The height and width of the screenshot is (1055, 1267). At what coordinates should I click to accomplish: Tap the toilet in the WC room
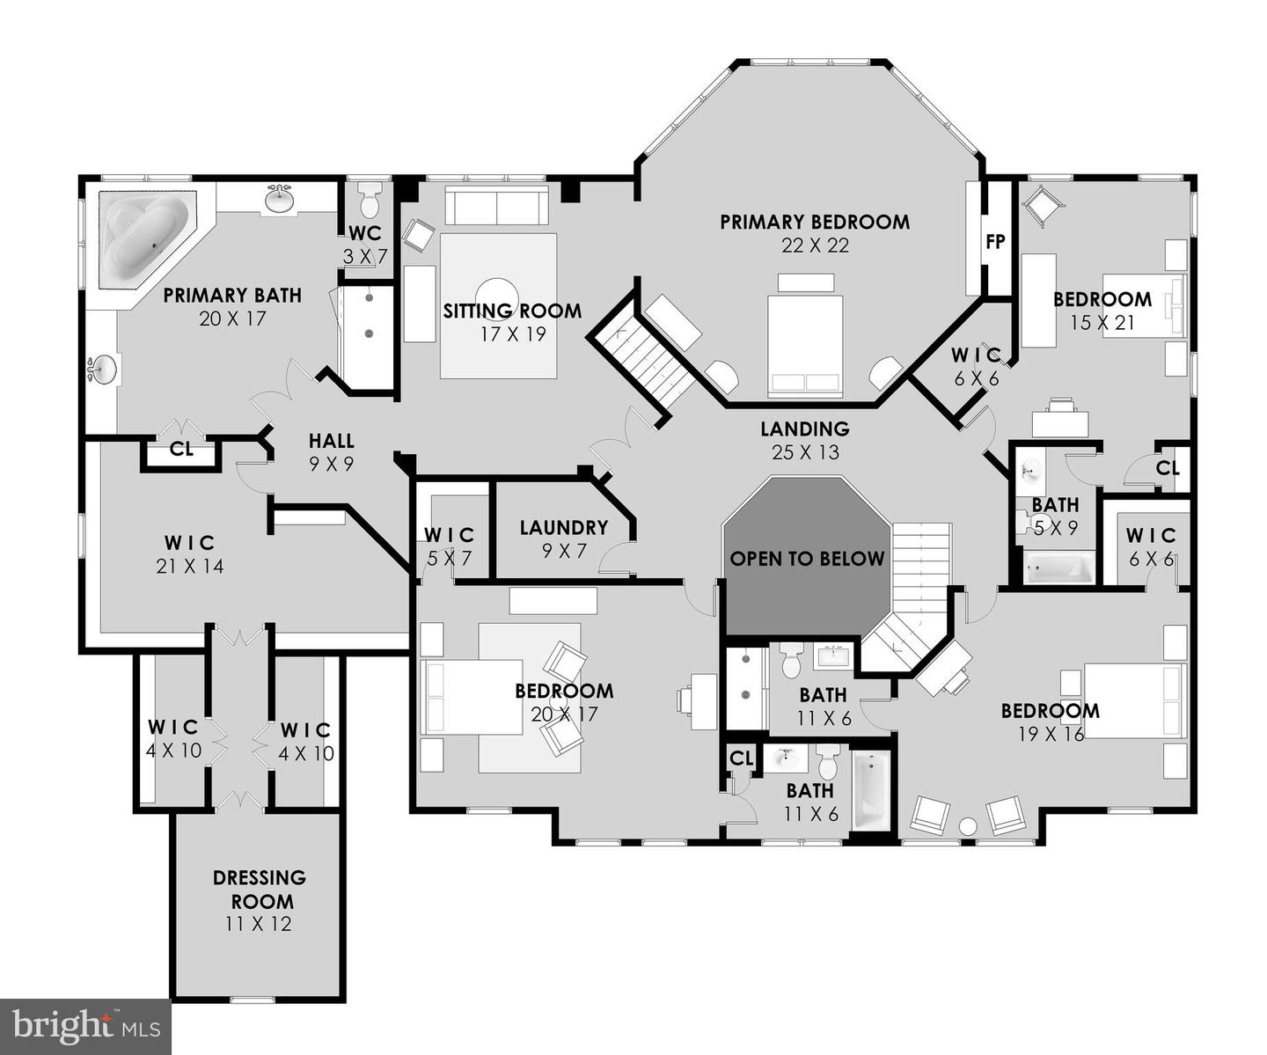(x=370, y=201)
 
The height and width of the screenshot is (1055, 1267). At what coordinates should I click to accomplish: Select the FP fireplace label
(x=995, y=242)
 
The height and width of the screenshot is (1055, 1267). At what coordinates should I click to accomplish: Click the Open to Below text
(x=807, y=559)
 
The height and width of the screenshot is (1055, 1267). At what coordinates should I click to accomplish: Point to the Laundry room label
(x=564, y=528)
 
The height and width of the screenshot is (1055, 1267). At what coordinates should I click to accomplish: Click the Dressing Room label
(x=260, y=890)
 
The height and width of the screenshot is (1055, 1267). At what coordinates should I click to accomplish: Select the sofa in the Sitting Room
(x=496, y=205)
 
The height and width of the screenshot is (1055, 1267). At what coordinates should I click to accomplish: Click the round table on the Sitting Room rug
(x=497, y=296)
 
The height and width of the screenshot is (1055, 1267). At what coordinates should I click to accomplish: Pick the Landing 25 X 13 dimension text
(x=805, y=452)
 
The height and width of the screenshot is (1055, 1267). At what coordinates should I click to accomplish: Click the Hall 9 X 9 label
(x=331, y=452)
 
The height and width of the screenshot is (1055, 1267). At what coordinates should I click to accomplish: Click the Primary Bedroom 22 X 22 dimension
(x=815, y=245)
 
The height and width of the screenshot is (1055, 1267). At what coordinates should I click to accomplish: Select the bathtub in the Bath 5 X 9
(x=1058, y=568)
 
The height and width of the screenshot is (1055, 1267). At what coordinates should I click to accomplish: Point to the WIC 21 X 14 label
(x=190, y=554)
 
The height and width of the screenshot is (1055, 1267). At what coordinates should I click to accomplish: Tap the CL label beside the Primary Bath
(x=181, y=450)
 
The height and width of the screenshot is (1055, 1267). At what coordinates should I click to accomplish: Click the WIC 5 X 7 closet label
(x=449, y=546)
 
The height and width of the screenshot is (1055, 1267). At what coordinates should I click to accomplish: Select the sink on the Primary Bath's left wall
(x=103, y=370)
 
